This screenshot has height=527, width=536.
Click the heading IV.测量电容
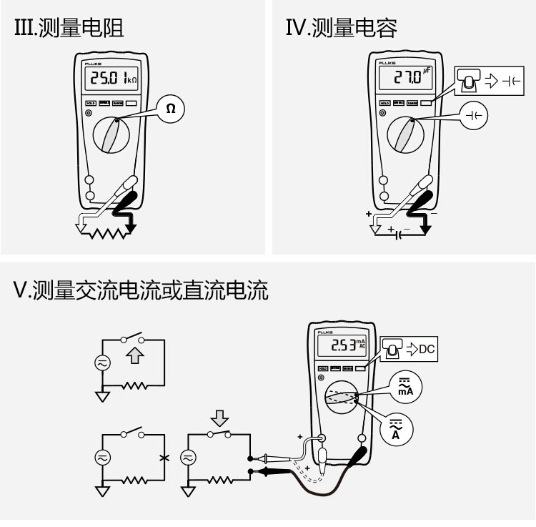pos(341,28)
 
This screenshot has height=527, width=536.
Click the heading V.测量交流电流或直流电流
pos(142,290)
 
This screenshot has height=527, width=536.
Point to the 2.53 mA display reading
pos(347,345)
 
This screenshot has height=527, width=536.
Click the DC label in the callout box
pos(426,350)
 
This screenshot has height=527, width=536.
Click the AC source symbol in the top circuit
pos(102,363)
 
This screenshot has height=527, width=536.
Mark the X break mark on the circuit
pos(165,458)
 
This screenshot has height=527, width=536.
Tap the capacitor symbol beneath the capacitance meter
pos(397,234)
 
